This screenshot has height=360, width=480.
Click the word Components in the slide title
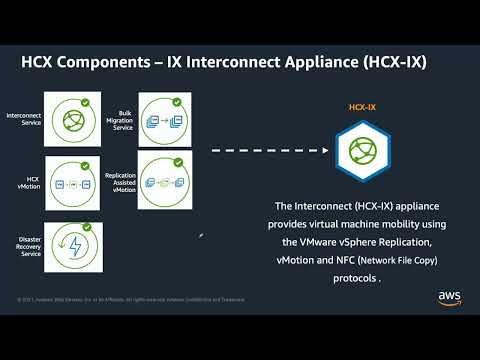point(102,63)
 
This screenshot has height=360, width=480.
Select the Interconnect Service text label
point(24,119)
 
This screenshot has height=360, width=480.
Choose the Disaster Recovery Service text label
point(26,244)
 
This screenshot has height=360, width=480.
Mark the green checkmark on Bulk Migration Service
point(177,101)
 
